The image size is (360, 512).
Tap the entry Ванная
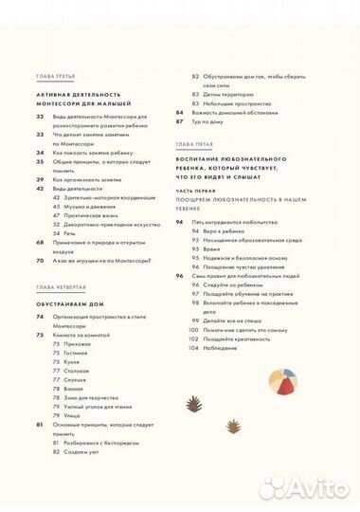point(75,389)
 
